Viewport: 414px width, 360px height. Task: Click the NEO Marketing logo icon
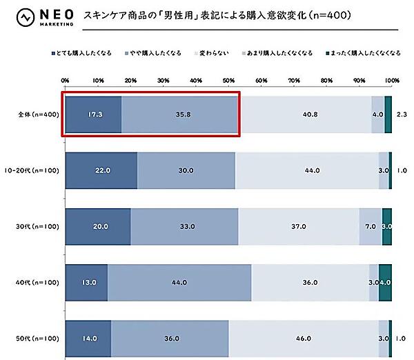[x=26, y=17]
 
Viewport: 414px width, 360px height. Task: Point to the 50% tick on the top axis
[x=228, y=81]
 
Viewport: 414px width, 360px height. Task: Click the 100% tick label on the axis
[x=391, y=81]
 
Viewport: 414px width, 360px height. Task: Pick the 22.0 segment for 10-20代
[x=101, y=170]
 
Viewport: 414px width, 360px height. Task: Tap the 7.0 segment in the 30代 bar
[x=371, y=226]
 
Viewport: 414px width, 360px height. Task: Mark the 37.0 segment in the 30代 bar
[x=299, y=226]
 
